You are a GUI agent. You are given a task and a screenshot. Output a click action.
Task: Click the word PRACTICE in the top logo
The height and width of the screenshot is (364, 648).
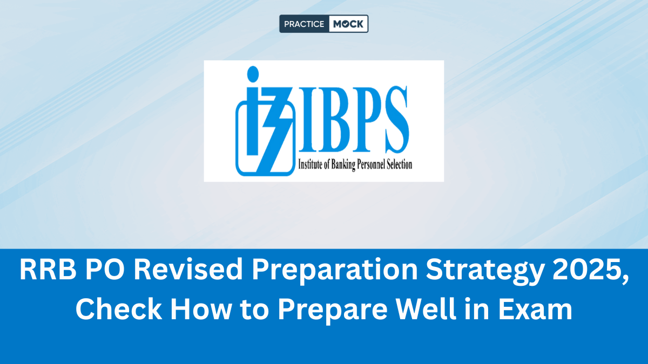(x=304, y=24)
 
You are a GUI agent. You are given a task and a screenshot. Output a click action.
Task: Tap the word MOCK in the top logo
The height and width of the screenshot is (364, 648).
(x=348, y=24)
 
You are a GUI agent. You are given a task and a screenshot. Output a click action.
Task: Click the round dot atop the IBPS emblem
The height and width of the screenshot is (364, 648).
(x=253, y=74)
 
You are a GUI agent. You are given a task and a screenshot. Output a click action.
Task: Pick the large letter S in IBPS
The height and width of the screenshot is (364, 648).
(x=396, y=119)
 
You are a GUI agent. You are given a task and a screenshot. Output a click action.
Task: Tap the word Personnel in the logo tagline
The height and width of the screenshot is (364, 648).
(x=372, y=164)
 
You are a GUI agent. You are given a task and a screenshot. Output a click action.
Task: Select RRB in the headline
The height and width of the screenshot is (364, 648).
(x=48, y=270)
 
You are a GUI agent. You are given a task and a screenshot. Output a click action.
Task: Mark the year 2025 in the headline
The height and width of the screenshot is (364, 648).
(x=588, y=270)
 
